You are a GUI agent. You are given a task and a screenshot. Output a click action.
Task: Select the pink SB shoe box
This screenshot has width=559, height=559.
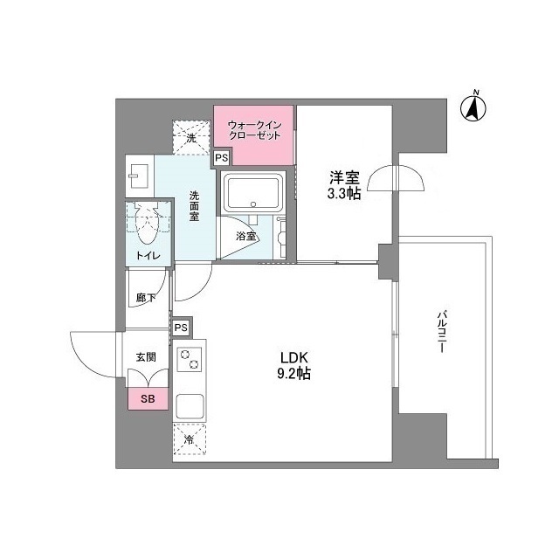(x=145, y=398)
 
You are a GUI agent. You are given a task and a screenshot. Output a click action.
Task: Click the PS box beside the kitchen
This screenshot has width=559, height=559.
(x=181, y=327)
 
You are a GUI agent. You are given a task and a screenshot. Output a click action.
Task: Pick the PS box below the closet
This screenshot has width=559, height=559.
(x=222, y=158)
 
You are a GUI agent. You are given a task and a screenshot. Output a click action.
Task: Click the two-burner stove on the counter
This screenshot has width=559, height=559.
(x=190, y=359)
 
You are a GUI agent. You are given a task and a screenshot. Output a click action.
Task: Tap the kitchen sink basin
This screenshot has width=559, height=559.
(x=190, y=407)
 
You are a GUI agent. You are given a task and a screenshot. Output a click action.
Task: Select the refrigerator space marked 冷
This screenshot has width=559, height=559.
(x=189, y=440)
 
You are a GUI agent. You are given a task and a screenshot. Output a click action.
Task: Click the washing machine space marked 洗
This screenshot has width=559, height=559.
(x=190, y=136)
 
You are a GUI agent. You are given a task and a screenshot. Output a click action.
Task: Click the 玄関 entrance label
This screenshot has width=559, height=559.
(x=145, y=356)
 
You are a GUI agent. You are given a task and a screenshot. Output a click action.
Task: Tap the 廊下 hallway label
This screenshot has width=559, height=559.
(x=146, y=298)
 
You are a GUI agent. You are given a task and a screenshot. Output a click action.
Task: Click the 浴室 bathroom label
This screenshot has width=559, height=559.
(x=246, y=237)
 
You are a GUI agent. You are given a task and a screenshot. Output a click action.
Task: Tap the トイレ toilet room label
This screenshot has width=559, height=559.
(x=145, y=256)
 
